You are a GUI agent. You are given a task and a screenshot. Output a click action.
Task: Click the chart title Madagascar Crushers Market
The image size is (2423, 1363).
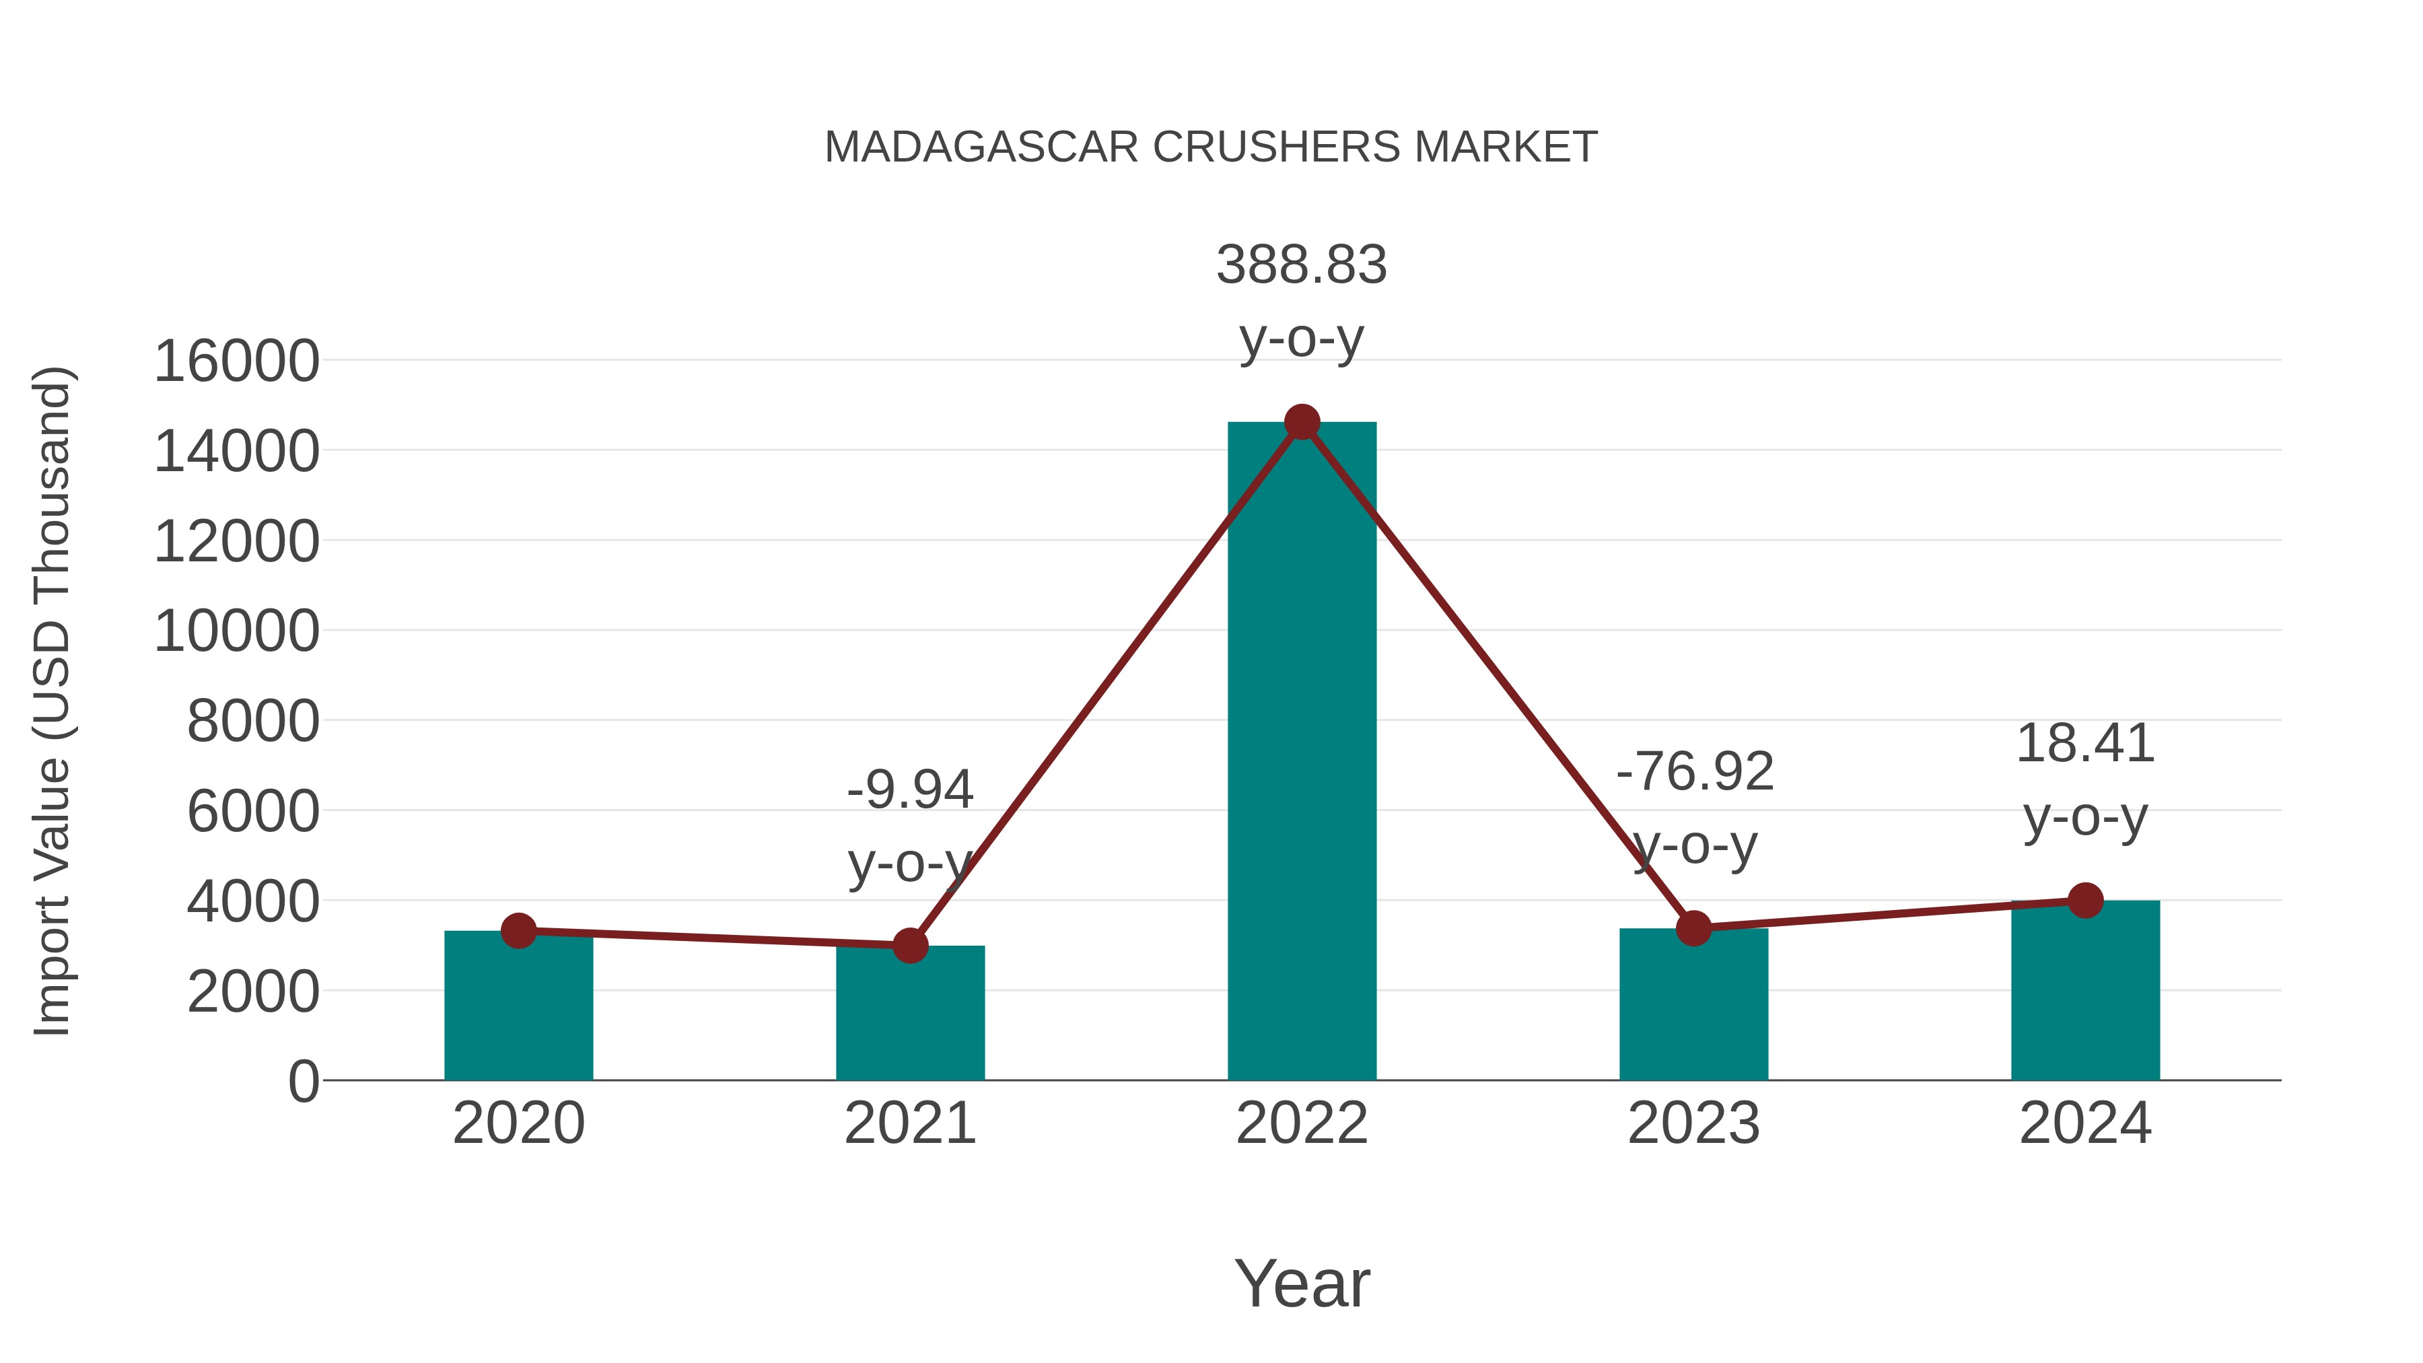pos(1211,147)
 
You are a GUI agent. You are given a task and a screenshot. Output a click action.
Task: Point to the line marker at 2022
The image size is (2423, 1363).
pos(1302,422)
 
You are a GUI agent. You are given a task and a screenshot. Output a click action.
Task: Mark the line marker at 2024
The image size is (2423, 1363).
pos(2085,900)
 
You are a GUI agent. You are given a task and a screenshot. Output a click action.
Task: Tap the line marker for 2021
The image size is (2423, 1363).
pos(909,946)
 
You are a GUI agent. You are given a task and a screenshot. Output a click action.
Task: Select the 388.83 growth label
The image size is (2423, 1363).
pos(1302,265)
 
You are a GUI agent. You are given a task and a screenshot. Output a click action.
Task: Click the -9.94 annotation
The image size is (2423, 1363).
pos(909,790)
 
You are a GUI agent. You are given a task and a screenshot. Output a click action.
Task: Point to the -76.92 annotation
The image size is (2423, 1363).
pos(1694,772)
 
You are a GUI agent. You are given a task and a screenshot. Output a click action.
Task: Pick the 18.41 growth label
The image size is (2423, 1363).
pos(2085,744)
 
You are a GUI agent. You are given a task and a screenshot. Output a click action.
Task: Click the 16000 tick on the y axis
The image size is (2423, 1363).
pos(236,361)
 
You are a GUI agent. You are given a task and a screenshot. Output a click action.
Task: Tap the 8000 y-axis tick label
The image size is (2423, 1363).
pos(253,722)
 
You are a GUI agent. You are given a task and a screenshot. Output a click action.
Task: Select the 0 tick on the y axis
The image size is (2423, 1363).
pos(303,1081)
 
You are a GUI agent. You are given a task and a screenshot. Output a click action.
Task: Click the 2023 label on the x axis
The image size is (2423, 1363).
pos(1693,1123)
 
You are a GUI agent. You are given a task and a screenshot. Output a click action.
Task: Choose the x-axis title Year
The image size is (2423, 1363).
pos(1302,1283)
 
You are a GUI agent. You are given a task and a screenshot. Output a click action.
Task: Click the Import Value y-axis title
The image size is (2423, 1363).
pos(52,701)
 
